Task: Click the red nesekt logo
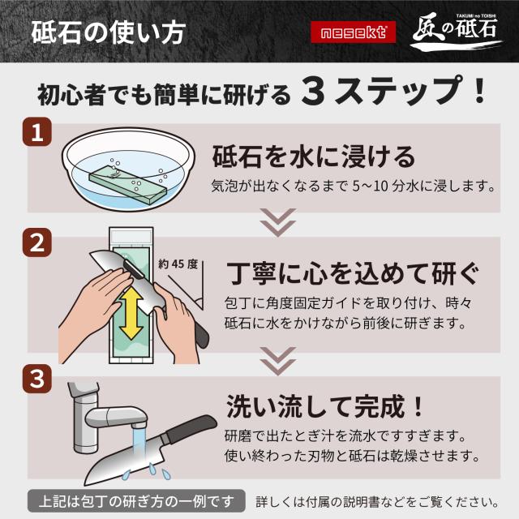[354, 32]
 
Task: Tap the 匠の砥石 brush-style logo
[456, 32]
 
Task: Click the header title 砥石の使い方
[109, 32]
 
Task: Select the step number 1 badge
[37, 132]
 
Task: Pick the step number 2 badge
[37, 242]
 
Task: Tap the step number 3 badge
[37, 379]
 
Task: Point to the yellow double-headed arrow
[131, 312]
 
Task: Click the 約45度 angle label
[178, 264]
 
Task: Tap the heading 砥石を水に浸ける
[314, 157]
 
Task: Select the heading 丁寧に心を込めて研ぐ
[354, 274]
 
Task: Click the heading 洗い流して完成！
[325, 406]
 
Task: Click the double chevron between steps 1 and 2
[277, 222]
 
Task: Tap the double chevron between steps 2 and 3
[277, 361]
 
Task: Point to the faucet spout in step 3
[116, 417]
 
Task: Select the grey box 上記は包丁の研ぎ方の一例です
[136, 502]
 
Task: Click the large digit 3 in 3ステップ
[313, 93]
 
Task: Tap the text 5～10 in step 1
[370, 186]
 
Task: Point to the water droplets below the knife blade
[147, 472]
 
